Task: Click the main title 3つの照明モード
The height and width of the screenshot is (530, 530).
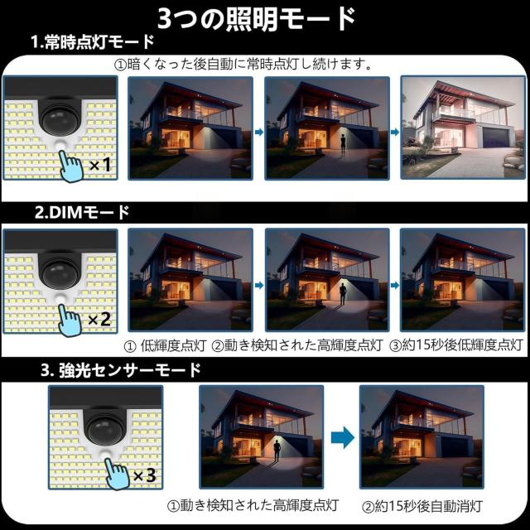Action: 256,19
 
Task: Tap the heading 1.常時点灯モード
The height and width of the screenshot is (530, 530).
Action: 93,42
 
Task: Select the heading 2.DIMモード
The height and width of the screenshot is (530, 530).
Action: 82,213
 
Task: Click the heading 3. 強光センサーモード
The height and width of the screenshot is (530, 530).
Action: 121,370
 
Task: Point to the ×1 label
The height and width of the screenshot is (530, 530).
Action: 100,165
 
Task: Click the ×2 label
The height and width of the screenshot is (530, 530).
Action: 99,319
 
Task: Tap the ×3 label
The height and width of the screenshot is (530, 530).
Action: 144,475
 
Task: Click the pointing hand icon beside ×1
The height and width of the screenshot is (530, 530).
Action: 70,166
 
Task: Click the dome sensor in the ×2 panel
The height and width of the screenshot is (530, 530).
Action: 60,272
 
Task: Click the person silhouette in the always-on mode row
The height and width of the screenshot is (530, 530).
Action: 343,146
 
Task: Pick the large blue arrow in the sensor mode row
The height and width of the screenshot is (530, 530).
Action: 342,437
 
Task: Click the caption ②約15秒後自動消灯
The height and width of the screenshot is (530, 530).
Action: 422,506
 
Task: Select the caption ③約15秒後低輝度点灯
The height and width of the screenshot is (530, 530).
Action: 456,345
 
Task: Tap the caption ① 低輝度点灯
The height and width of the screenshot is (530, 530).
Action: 165,345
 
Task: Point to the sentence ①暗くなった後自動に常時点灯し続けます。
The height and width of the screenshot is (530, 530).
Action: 243,64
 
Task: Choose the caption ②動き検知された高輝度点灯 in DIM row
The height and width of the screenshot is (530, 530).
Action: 297,345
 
